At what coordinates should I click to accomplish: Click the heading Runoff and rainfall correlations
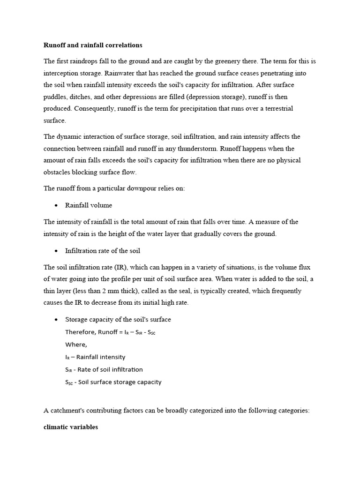(x=93, y=45)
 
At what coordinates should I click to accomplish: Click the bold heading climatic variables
(x=71, y=427)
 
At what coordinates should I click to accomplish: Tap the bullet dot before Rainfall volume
(x=56, y=205)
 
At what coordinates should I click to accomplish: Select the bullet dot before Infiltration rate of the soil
(x=56, y=251)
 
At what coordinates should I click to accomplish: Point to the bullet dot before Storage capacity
(x=56, y=320)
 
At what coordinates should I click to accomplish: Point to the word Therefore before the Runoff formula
(x=80, y=332)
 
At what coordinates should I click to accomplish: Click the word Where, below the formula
(x=76, y=345)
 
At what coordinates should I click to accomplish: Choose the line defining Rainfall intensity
(x=95, y=357)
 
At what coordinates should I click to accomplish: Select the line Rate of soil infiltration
(x=104, y=369)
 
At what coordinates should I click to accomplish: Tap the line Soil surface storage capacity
(x=113, y=382)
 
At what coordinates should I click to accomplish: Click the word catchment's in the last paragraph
(x=69, y=411)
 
